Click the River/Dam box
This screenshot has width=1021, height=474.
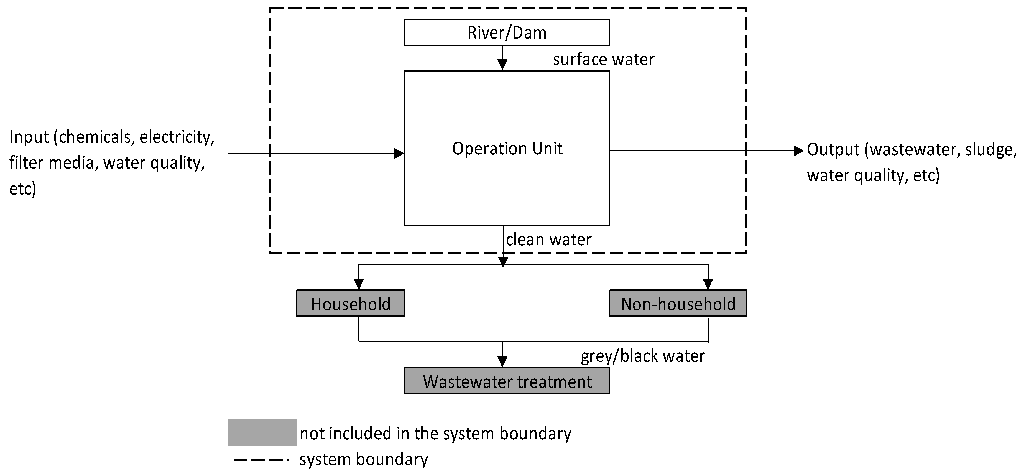(x=507, y=32)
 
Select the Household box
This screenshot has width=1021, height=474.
(x=350, y=303)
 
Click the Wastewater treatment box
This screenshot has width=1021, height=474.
(x=507, y=381)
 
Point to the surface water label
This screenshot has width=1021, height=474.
(x=603, y=59)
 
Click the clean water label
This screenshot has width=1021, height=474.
(x=548, y=240)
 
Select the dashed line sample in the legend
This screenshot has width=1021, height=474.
(x=260, y=460)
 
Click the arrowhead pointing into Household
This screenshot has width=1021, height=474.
(x=359, y=284)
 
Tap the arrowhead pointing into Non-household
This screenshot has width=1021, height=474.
(x=708, y=284)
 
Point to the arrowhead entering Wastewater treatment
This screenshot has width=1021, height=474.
(x=502, y=361)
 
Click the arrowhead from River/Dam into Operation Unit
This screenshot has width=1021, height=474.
(x=502, y=64)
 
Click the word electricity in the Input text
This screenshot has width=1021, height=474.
(x=176, y=137)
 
